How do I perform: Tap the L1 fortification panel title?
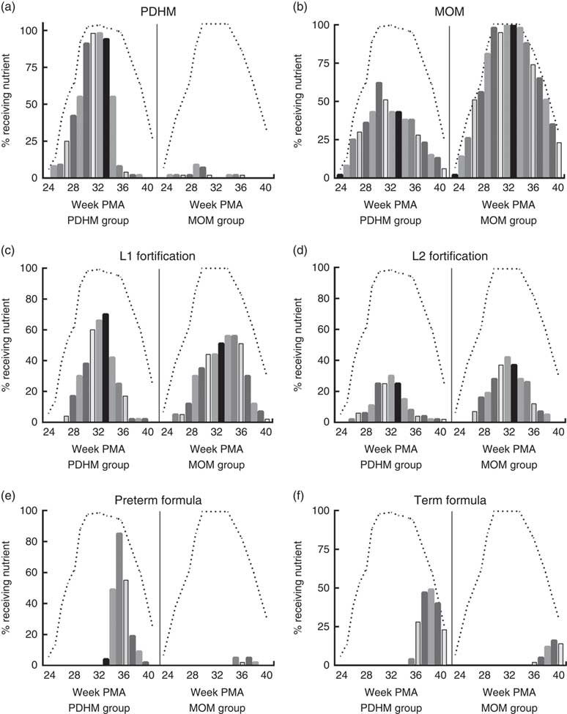click(x=158, y=253)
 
